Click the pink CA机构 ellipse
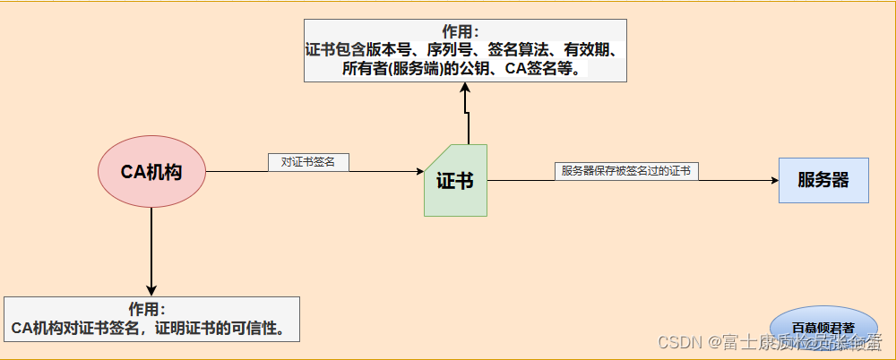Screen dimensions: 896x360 click(151, 172)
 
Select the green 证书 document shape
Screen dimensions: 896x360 click(455, 181)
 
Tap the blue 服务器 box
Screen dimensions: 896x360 click(823, 179)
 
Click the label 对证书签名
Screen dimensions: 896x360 click(308, 162)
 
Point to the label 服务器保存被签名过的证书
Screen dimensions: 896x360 click(625, 171)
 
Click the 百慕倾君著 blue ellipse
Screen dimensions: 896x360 click(823, 327)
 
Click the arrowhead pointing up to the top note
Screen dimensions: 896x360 click(466, 88)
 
